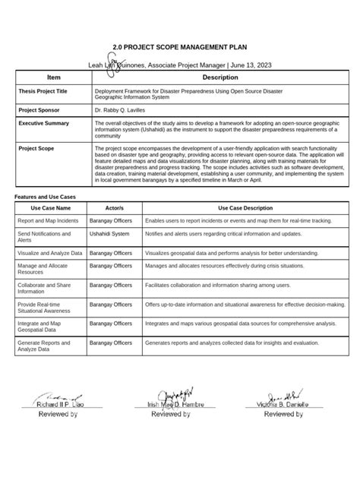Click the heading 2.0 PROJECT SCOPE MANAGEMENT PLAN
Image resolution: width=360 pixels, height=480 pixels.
click(180, 48)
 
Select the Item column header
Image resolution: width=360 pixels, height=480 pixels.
click(53, 78)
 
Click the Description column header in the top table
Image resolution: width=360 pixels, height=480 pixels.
click(220, 78)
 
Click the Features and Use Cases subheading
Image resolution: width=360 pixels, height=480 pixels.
click(50, 197)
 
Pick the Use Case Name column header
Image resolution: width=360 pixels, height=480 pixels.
click(51, 207)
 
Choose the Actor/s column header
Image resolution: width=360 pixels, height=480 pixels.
click(115, 207)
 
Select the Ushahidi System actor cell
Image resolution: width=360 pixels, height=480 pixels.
click(109, 235)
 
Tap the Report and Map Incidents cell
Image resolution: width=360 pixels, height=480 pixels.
click(49, 219)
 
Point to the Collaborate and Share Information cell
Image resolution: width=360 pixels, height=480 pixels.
click(43, 287)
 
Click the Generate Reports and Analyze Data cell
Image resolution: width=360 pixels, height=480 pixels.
click(46, 346)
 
